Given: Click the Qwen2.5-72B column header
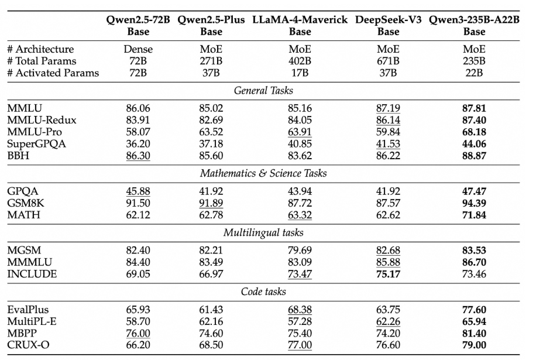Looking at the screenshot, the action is click(x=138, y=25).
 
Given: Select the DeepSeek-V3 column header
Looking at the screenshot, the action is click(x=389, y=25).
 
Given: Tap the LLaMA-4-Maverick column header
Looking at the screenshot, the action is click(x=300, y=25).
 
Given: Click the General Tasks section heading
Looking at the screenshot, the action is click(x=263, y=91).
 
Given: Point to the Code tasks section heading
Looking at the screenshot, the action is click(x=263, y=292).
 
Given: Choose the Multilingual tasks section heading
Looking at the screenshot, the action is click(x=263, y=233).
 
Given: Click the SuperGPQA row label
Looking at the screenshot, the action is click(x=37, y=144).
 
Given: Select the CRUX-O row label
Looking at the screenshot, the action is click(x=28, y=345).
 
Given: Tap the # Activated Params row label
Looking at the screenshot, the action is click(x=53, y=73).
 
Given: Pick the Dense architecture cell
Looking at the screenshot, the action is click(x=138, y=49).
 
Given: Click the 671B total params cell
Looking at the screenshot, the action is click(x=389, y=61).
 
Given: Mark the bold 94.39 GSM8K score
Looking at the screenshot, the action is click(x=474, y=203).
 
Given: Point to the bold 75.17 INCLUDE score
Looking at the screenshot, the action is click(x=389, y=274).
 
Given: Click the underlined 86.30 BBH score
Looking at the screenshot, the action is click(x=138, y=156).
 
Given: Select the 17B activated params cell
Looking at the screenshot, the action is click(x=300, y=73).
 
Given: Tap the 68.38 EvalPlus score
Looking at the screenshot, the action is click(x=300, y=310).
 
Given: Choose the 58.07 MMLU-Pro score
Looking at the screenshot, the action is click(x=138, y=132).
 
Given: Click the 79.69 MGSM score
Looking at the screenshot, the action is click(x=300, y=251).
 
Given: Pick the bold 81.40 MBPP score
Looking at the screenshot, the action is click(x=474, y=333).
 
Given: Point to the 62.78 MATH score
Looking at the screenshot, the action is click(x=211, y=215).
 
